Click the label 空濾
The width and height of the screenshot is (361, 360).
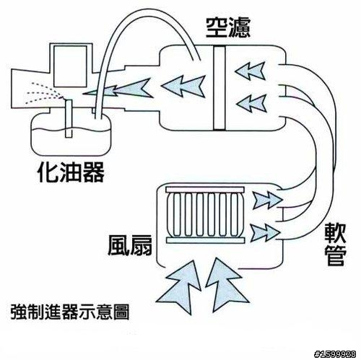tap(228, 27)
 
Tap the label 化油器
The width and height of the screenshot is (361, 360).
tap(71, 172)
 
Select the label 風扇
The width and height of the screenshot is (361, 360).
tap(130, 245)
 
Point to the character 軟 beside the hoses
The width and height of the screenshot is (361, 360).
tap(335, 234)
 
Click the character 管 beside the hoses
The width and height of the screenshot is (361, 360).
tap(336, 255)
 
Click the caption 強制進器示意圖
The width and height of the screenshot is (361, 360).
tap(70, 312)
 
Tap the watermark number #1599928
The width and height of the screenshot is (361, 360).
tap(335, 354)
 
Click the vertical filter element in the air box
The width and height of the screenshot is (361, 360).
tap(219, 88)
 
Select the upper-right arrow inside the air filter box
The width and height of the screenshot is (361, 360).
tap(251, 71)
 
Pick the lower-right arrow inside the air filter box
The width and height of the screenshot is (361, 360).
tap(251, 103)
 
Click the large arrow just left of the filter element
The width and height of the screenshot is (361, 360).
tap(183, 86)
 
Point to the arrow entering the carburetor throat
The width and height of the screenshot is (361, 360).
tap(118, 89)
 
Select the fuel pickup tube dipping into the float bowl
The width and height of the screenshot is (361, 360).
tap(69, 119)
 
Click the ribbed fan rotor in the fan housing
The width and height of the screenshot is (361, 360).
tap(205, 215)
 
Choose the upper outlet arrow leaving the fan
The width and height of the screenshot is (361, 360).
tap(266, 200)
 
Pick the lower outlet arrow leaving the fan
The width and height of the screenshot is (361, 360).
tap(265, 232)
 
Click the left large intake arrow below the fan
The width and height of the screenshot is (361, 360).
tap(180, 286)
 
